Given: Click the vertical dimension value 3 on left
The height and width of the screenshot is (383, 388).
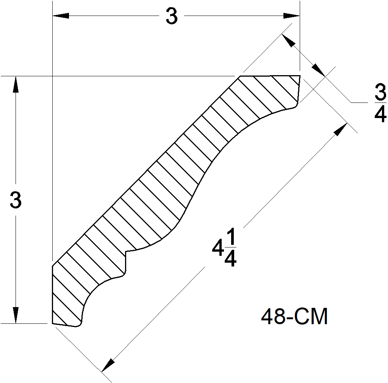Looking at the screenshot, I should click(16, 200).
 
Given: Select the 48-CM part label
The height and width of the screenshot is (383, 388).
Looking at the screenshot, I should click(294, 317).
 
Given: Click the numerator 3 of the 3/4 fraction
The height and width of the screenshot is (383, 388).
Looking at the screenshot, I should click(380, 93).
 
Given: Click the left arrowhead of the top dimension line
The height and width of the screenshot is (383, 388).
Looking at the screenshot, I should click(61, 16).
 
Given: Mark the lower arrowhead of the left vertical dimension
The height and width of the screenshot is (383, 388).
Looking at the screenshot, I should click(16, 315).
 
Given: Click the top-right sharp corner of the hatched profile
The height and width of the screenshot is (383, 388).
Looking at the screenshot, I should click(300, 76).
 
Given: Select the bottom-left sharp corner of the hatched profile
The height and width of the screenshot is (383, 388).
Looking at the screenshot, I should click(52, 323).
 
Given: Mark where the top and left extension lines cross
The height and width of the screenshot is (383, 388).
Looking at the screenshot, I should click(52, 76).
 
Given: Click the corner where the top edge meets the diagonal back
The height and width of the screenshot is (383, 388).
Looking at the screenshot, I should click(239, 76).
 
